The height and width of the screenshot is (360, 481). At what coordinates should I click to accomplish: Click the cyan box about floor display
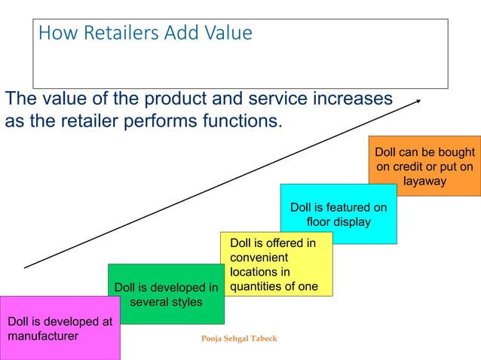[339, 214]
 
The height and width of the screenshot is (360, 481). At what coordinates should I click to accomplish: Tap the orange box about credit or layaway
[424, 166]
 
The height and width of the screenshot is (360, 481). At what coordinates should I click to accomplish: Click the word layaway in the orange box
[424, 182]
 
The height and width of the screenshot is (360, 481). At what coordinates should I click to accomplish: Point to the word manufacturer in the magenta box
[43, 336]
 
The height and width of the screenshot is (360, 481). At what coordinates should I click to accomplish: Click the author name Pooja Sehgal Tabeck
[239, 339]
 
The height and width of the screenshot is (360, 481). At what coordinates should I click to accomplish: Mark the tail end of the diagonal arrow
[26, 267]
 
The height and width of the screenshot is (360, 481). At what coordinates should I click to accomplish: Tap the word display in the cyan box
[351, 222]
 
